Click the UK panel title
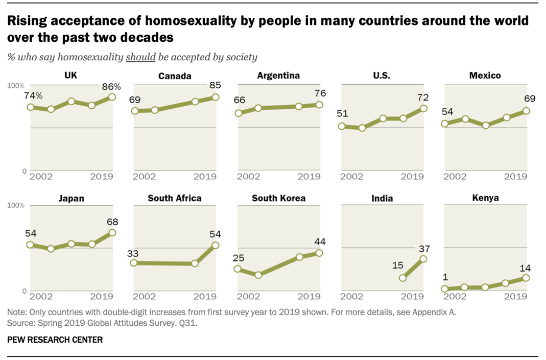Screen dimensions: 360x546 tap(71, 76)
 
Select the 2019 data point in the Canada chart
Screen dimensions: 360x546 tap(216, 97)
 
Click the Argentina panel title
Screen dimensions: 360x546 tap(278, 76)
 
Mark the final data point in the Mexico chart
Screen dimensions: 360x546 tap(526, 111)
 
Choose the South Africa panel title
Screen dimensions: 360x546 tap(174, 198)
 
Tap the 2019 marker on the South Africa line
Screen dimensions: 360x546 tap(216, 245)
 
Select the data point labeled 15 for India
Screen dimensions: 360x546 tap(402, 278)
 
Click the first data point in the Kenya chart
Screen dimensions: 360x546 tap(445, 289)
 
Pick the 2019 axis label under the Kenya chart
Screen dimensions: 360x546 tap(515, 296)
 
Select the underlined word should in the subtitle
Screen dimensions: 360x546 tap(140, 57)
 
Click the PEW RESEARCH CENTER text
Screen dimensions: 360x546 tap(55, 340)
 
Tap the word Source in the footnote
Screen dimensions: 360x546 tap(19, 323)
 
